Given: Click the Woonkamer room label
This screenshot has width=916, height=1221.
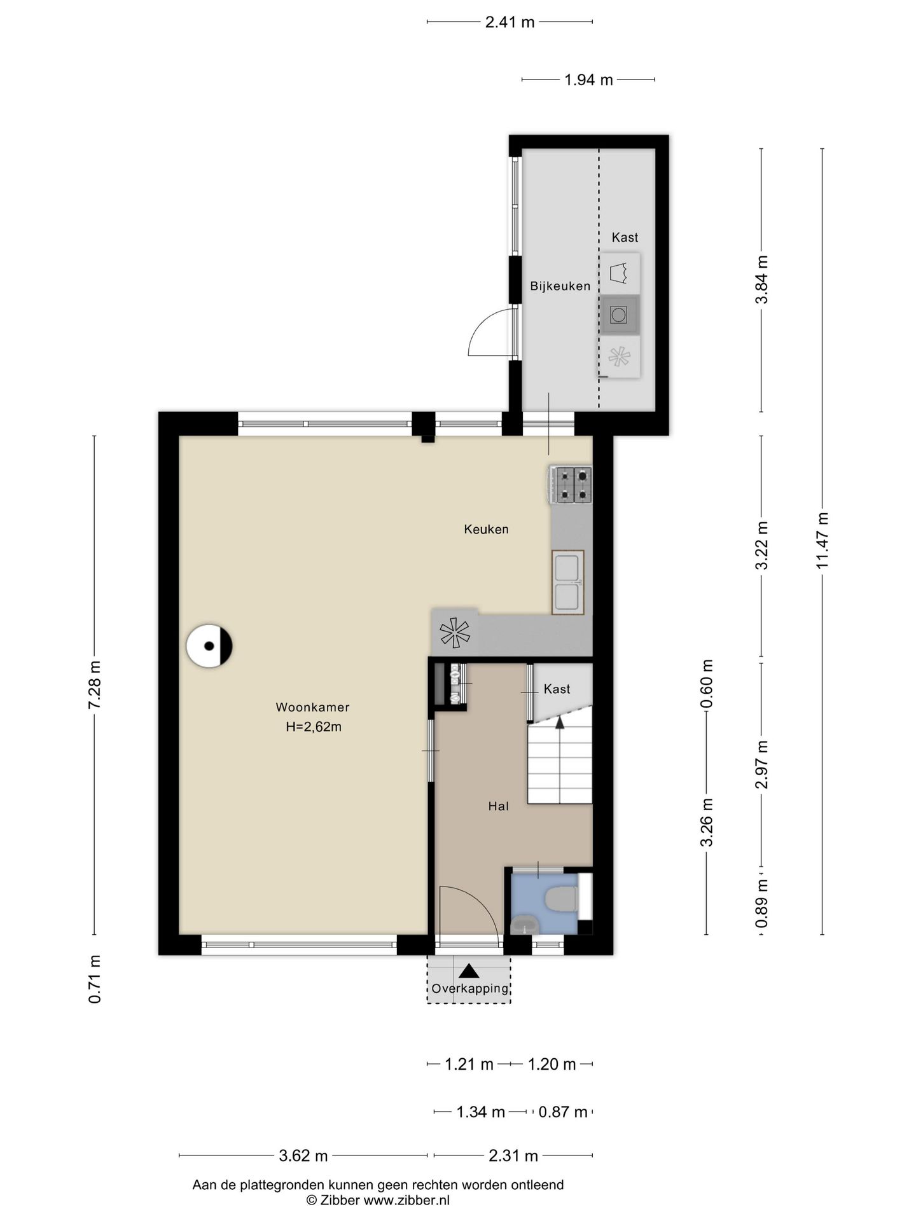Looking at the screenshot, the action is tap(312, 707).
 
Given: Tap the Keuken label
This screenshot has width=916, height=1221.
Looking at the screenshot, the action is tap(486, 529).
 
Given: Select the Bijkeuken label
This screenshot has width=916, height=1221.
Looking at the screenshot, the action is tap(560, 286).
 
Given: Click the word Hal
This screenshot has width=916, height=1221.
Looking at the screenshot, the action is tap(498, 806).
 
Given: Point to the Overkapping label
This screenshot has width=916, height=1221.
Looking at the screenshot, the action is tap(470, 988).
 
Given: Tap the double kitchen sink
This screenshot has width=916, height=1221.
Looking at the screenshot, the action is tap(567, 582).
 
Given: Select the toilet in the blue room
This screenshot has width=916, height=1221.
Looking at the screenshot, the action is tap(562, 899).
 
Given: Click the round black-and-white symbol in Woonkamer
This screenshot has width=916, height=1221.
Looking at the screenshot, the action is tap(209, 646).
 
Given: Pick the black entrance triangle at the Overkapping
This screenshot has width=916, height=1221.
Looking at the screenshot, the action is tap(469, 970).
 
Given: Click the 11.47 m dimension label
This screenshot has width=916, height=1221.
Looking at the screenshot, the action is tap(822, 541).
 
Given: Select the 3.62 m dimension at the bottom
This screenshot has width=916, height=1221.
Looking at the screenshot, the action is tap(303, 1155).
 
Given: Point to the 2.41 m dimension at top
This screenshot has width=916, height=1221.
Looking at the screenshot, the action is tap(510, 22).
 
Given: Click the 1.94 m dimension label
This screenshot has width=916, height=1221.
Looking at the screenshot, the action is tap(588, 80).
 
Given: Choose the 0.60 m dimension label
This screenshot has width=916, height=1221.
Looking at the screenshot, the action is tap(707, 684).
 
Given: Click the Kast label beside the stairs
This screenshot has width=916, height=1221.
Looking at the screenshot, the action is tap(557, 689).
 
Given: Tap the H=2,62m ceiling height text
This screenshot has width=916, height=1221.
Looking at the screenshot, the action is tap(314, 727).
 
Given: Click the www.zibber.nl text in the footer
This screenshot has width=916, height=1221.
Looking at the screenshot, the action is tap(406, 1200).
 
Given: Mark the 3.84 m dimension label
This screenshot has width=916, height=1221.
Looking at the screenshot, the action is tap(762, 280).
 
